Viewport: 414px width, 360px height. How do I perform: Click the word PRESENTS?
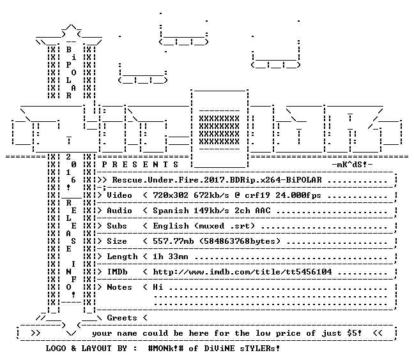coord(140,165)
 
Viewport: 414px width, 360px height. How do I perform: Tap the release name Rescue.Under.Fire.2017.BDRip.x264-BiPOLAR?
coord(217,180)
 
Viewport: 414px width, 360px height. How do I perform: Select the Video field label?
coord(119,195)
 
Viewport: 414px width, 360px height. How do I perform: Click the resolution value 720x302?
coord(171,195)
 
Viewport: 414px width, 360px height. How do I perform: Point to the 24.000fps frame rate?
coord(298,195)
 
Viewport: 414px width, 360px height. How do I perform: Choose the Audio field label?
coord(119,211)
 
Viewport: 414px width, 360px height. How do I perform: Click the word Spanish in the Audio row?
coord(171,211)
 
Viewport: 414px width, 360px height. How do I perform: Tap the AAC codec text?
coord(263,211)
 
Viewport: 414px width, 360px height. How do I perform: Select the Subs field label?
coord(117,226)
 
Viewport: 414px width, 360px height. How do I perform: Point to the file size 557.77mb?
coord(173,241)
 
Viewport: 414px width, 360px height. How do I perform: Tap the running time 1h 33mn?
coord(171,257)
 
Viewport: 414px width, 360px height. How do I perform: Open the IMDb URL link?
coord(242,272)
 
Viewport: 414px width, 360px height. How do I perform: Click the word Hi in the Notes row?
coord(158,287)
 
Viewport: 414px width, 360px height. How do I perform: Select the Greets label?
coord(122,317)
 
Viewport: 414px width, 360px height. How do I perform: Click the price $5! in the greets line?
coord(355,333)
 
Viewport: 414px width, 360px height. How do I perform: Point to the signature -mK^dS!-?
coord(352,165)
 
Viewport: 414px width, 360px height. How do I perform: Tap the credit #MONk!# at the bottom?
coord(165,348)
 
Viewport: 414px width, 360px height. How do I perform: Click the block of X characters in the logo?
coord(219,130)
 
